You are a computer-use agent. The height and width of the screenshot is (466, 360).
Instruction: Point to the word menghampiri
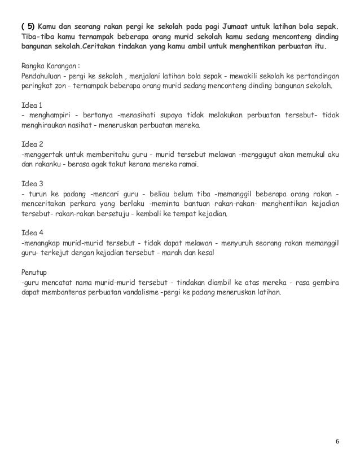click(x=46, y=115)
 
